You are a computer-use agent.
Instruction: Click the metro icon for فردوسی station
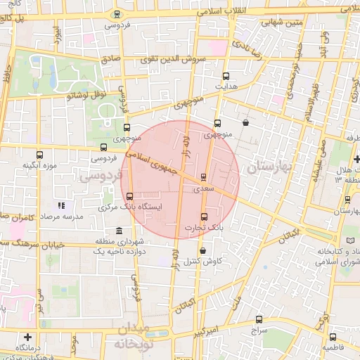(116, 13)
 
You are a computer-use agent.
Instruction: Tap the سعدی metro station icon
(204, 177)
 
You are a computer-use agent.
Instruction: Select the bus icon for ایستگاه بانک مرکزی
(129, 196)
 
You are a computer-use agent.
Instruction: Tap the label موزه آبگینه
(34, 165)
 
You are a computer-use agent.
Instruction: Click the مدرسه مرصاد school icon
(61, 205)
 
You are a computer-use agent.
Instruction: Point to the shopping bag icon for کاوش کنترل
(203, 250)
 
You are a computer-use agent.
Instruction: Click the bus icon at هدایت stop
(226, 76)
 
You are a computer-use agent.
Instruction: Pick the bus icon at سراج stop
(259, 319)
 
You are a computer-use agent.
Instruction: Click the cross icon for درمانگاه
(27, 337)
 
